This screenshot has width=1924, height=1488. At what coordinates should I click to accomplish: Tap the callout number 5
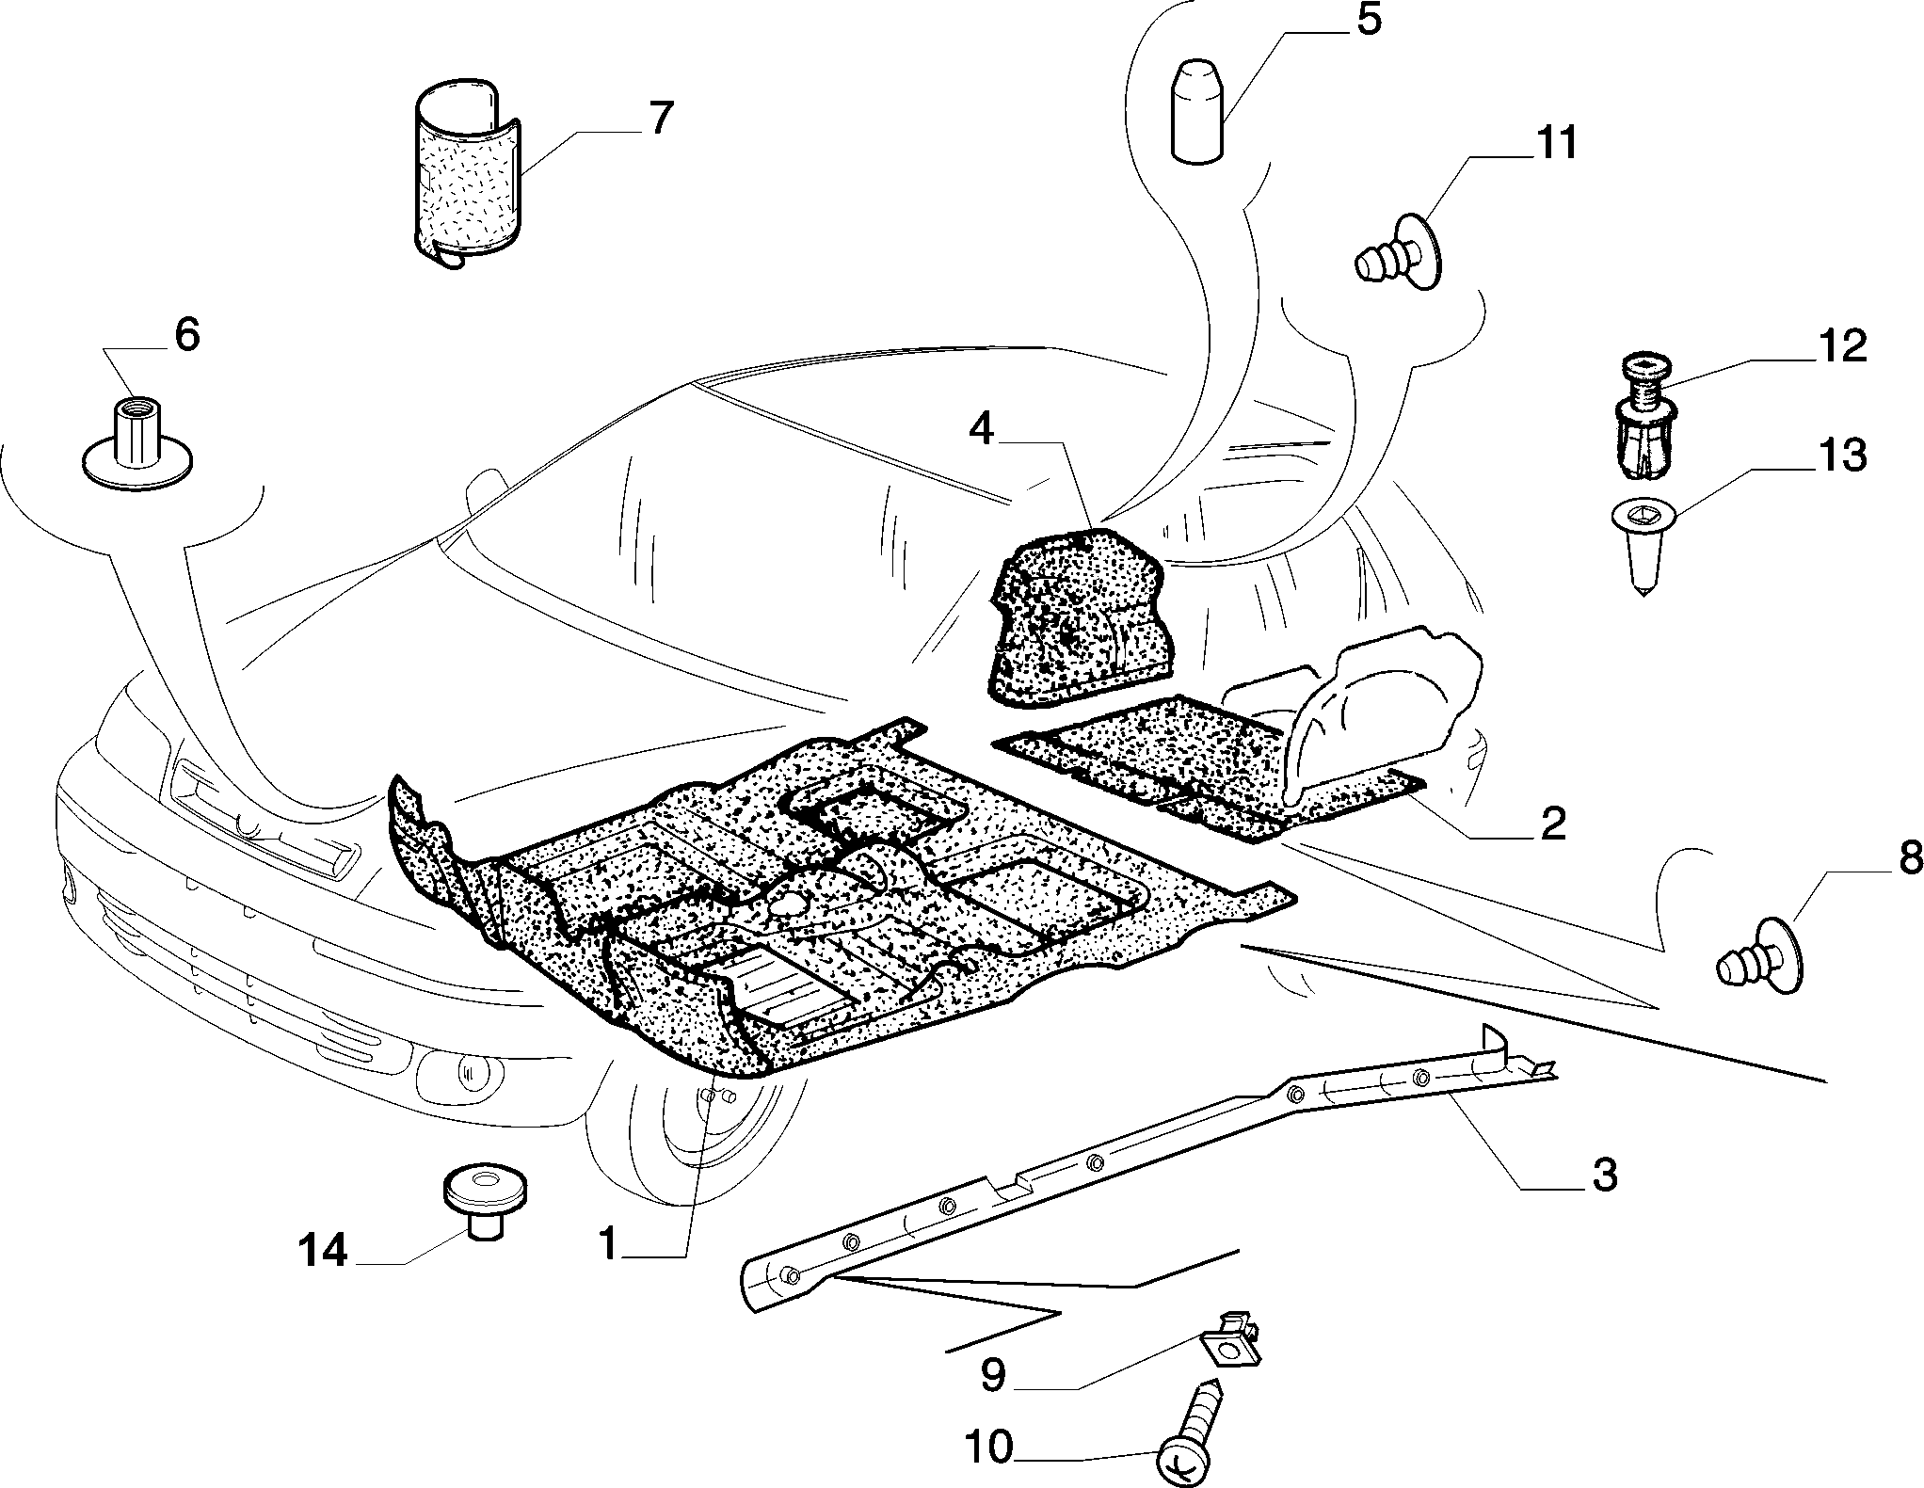[x=1368, y=20]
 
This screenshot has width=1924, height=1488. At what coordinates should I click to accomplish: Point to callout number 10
[x=987, y=1447]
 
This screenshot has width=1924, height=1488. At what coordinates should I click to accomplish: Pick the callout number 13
[x=1841, y=456]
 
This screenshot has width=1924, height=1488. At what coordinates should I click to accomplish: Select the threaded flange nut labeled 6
[x=138, y=442]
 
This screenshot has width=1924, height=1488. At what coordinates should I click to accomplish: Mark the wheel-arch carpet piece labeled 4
[x=1080, y=616]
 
